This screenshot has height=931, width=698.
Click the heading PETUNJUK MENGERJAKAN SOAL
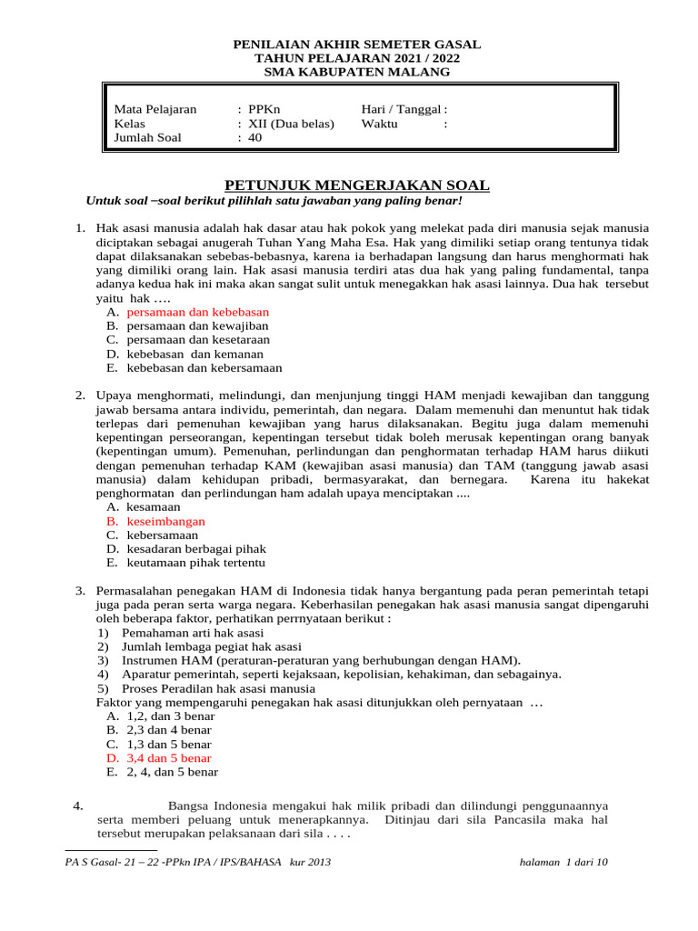(356, 185)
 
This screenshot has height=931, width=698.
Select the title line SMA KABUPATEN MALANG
(356, 72)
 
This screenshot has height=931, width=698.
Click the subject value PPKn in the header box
(264, 109)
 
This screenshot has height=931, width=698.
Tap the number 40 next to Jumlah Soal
(254, 138)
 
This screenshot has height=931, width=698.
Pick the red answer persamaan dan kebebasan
(197, 311)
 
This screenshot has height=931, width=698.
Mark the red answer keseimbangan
(165, 521)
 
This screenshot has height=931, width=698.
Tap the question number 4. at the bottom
(77, 806)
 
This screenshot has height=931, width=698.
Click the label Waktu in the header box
(379, 124)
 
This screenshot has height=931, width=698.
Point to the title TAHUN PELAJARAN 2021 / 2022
(356, 58)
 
